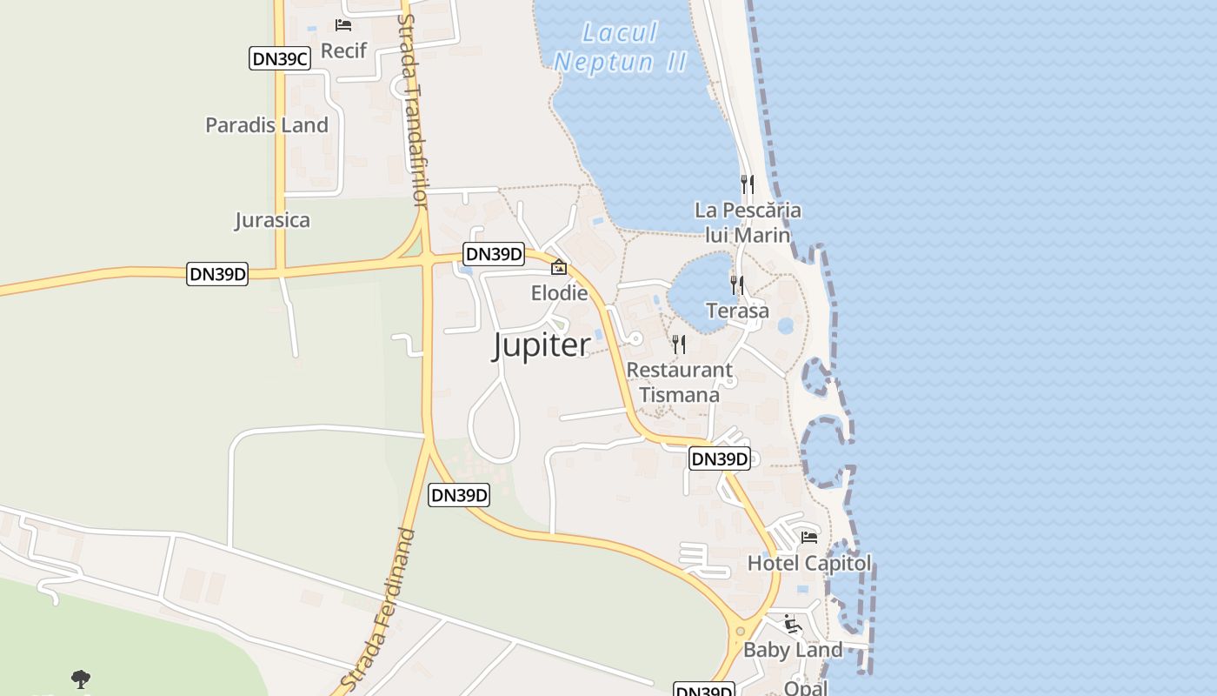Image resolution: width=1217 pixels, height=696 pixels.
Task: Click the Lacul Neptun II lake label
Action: pos(621,48)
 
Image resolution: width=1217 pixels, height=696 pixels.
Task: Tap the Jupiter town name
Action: pos(542,345)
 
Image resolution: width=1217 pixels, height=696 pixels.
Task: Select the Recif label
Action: pos(343,50)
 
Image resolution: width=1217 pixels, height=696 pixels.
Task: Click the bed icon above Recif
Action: pos(343,24)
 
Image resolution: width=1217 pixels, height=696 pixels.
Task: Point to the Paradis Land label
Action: pos(267,124)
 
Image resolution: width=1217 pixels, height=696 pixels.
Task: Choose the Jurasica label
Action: pos(272,220)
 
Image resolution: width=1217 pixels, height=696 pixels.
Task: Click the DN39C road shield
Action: pos(280,59)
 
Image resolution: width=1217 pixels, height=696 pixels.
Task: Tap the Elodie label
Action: pos(559,293)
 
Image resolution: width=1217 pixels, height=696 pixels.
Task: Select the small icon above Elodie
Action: pos(559,268)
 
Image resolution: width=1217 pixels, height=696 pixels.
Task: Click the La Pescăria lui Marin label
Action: pos(748,223)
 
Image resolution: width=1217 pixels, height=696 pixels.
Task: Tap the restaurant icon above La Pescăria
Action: pos(747,184)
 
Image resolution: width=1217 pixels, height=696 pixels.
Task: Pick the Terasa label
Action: pos(737,311)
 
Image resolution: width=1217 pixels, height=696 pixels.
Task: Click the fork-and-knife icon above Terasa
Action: pos(737,284)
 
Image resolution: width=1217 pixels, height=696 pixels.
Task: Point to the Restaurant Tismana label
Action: pos(679,382)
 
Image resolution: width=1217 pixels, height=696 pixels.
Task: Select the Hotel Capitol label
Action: pos(808,563)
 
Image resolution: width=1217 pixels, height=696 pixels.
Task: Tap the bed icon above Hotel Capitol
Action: pos(809,537)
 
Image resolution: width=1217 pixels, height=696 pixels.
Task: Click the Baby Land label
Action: pos(793,650)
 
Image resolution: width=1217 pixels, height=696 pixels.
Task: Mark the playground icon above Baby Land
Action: pos(792,624)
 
